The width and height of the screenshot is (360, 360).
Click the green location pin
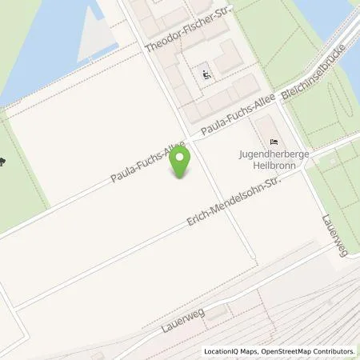click(x=182, y=160)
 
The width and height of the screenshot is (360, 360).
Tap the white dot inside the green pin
click(x=182, y=155)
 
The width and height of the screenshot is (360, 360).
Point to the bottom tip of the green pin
click(x=182, y=178)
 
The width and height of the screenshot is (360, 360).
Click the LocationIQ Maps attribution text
click(x=231, y=351)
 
